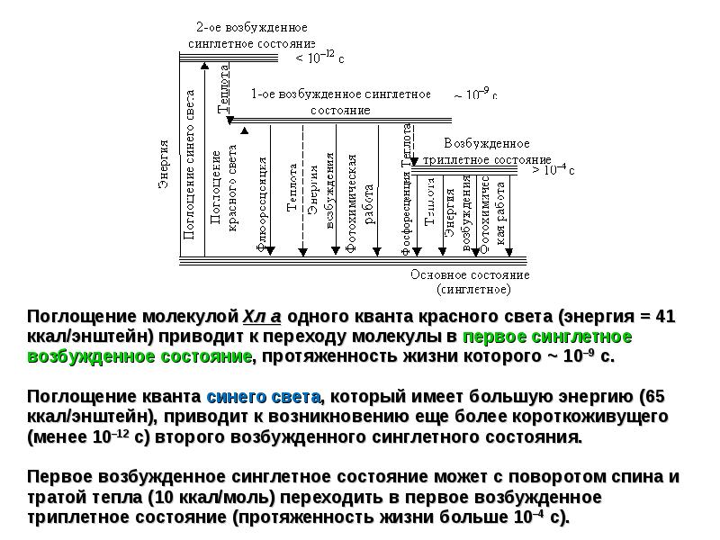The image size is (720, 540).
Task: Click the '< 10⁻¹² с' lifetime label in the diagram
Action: coord(320,58)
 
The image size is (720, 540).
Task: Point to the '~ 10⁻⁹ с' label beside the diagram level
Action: coord(475,94)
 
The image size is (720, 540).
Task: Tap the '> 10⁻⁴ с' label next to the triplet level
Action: coord(553,168)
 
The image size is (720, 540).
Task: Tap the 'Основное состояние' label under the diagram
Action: coord(469,274)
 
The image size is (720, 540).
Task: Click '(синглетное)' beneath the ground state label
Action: coord(473,290)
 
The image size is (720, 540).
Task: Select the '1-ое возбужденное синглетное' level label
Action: coord(340,94)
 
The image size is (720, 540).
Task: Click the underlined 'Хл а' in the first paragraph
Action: coord(262,317)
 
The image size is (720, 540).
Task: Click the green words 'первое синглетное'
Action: coord(547,337)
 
